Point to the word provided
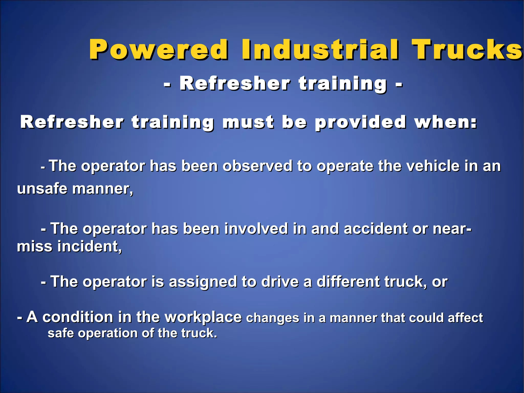pyautogui.click(x=360, y=122)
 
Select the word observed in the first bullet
pyautogui.click(x=257, y=166)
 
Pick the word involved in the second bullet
pyautogui.click(x=256, y=228)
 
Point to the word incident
pyautogui.click(x=90, y=246)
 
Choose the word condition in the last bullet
pyautogui.click(x=78, y=317)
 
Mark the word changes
pyautogui.click(x=272, y=318)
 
